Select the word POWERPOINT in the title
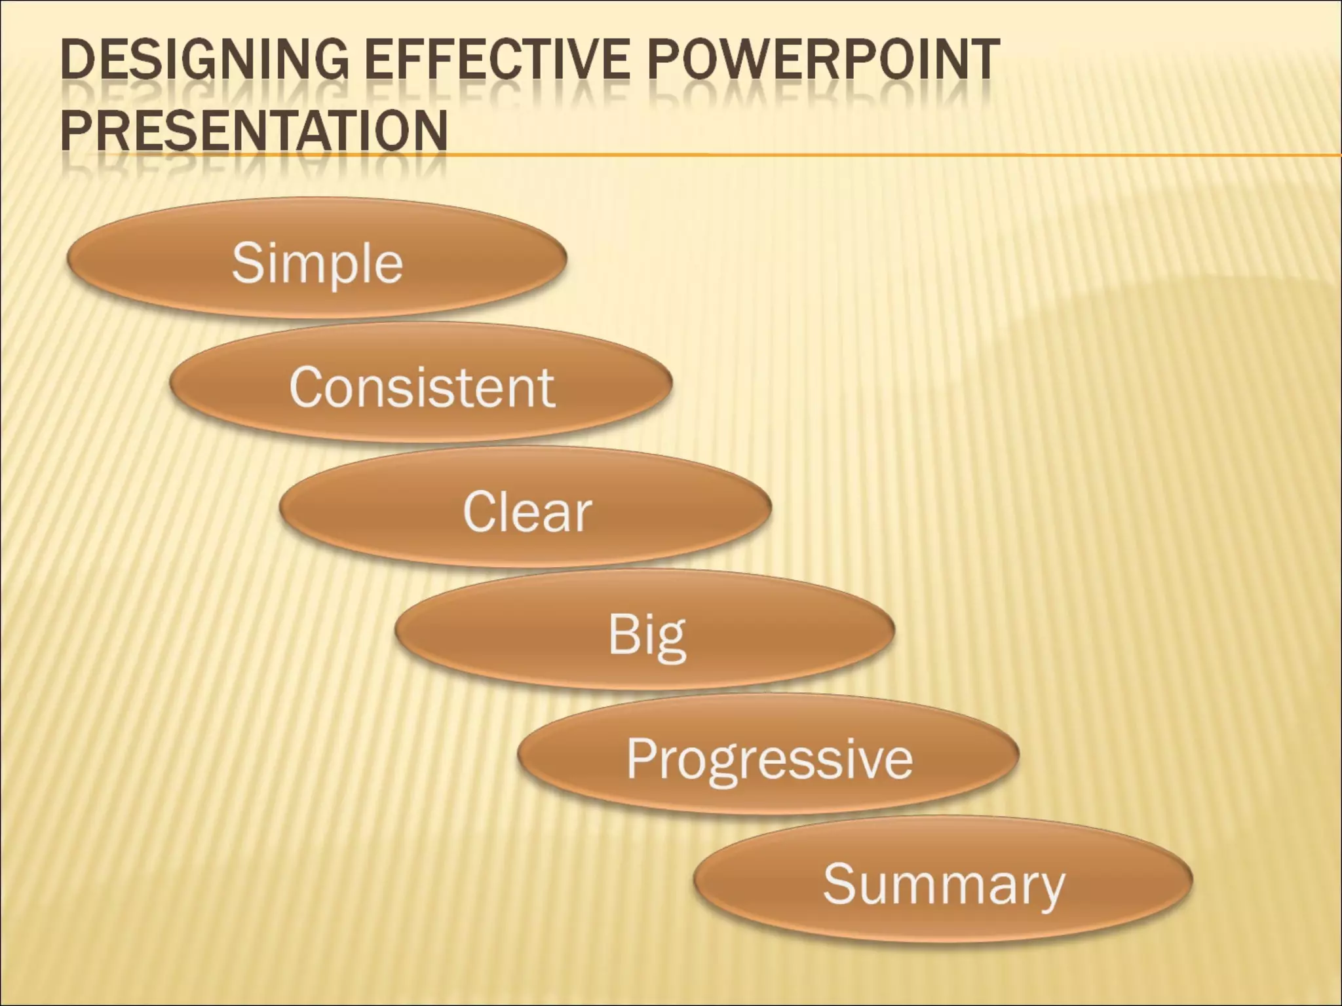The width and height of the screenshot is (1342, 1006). [x=824, y=60]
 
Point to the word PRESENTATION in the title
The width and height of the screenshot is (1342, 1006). [x=254, y=130]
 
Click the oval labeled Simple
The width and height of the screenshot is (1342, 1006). [x=316, y=259]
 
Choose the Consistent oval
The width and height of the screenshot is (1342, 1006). [x=421, y=383]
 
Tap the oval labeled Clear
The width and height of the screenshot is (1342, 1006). [x=526, y=508]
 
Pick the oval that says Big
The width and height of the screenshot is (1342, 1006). [x=645, y=630]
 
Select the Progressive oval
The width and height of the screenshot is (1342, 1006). [x=768, y=754]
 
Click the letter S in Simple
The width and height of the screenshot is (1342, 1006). [x=247, y=263]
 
